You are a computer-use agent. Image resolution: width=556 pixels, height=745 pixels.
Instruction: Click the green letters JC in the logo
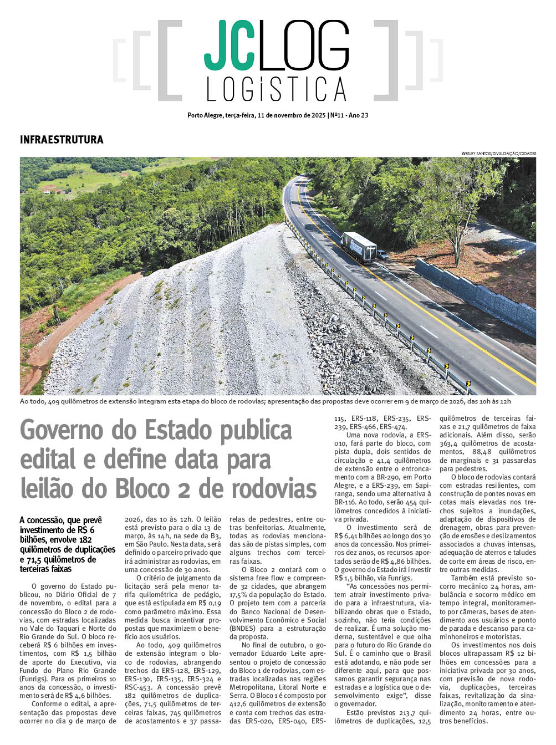226,45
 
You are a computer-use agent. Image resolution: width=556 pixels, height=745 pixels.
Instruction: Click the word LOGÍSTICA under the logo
277,89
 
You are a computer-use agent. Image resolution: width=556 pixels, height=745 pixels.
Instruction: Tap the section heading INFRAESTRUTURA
62,140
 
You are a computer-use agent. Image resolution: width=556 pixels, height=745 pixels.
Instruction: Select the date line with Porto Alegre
278,116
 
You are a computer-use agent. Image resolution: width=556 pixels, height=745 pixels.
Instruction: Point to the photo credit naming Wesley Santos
498,153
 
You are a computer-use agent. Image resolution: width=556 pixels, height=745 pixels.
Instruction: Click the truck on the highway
359,247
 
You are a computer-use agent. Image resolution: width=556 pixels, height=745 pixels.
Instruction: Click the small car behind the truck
382,254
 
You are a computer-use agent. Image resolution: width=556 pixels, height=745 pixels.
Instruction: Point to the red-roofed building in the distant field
48,191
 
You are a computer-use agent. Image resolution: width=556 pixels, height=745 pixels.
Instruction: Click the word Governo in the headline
54,431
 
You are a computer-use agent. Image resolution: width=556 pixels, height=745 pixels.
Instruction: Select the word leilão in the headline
47,489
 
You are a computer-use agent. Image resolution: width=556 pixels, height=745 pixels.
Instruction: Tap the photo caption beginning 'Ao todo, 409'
265,401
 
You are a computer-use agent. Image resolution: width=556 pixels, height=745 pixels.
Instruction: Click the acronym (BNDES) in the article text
244,629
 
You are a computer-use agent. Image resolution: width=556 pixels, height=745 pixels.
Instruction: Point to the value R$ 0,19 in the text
209,603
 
